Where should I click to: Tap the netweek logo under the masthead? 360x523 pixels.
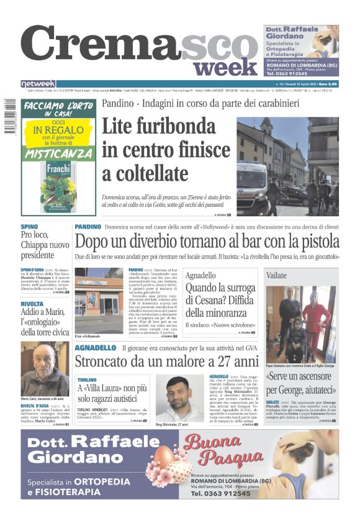[x=38, y=84]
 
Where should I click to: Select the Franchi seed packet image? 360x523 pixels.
[x=58, y=184]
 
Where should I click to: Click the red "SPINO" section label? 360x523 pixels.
[x=29, y=227]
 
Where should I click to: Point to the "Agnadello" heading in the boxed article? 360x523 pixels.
[x=201, y=275]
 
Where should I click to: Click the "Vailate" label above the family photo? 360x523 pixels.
[x=276, y=275]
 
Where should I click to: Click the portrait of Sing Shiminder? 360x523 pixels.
[x=180, y=398]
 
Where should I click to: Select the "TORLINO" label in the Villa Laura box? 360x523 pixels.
[x=88, y=379]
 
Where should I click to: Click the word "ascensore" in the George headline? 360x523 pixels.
[x=317, y=377]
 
